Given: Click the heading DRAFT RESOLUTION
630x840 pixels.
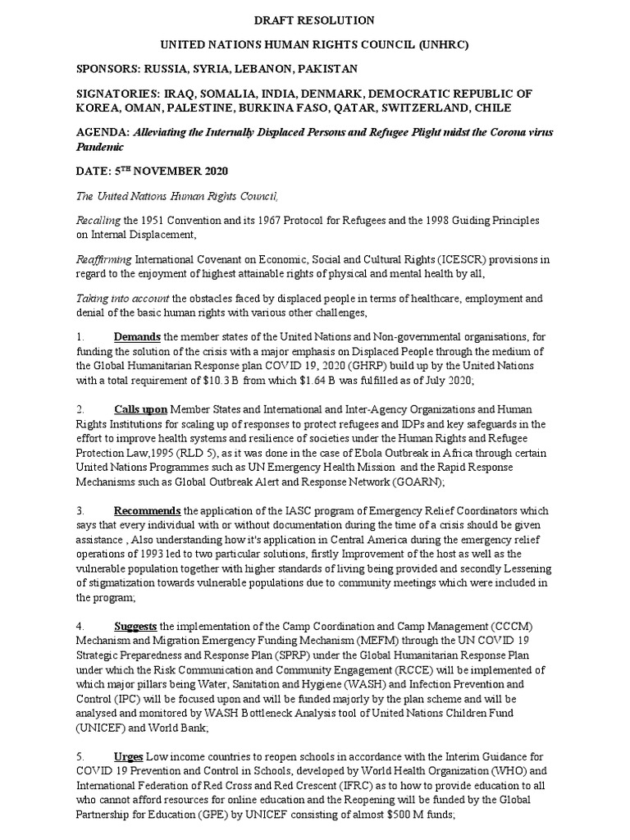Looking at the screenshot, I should [x=315, y=20].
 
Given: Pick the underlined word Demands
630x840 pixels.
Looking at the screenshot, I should [x=137, y=336].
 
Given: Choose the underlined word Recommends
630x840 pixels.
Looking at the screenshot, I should [x=148, y=510].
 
